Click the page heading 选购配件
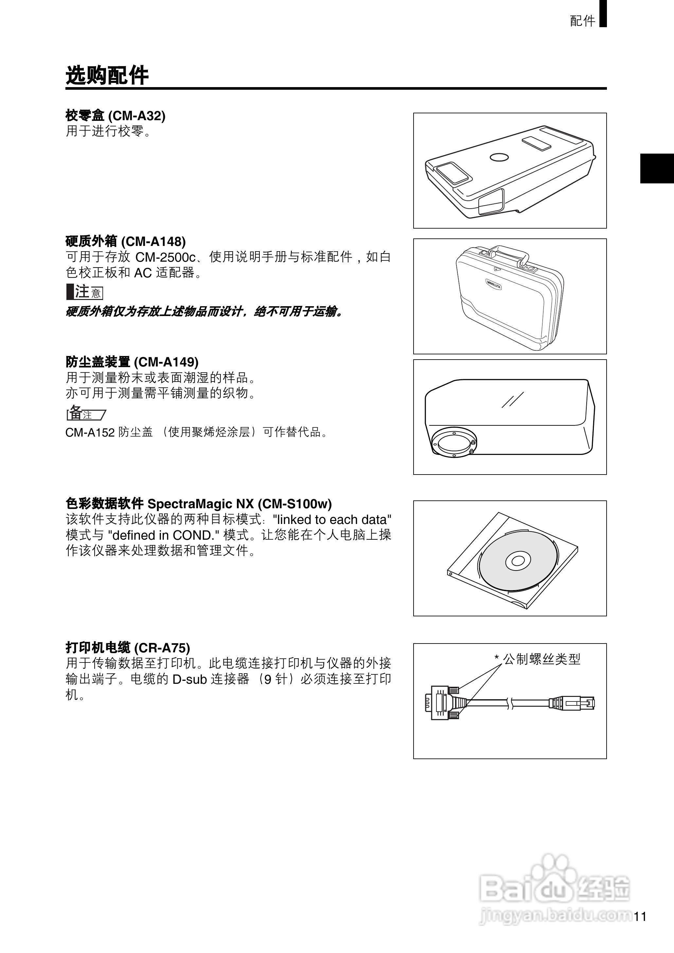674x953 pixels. [x=107, y=76]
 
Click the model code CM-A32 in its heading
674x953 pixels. [x=137, y=116]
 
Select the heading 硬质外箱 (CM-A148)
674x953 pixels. [x=126, y=241]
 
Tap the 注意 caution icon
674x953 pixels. [x=85, y=292]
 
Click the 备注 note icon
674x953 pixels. [x=85, y=413]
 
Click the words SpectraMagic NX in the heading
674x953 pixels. [x=201, y=504]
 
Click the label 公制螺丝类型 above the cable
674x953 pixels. [x=541, y=659]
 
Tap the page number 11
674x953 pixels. [x=640, y=916]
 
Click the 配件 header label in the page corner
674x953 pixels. [x=582, y=21]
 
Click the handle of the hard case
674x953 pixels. [x=508, y=251]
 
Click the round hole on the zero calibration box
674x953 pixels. [x=499, y=157]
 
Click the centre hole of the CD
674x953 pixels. [x=518, y=561]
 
